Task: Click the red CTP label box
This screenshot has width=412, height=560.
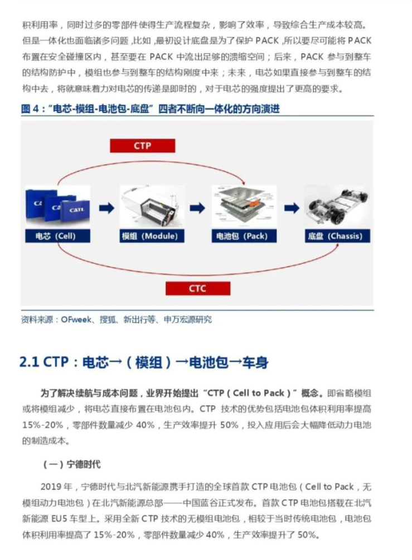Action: [x=142, y=146]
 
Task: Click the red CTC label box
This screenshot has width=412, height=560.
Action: [x=197, y=288]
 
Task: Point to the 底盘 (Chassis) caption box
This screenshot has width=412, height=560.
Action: [x=337, y=236]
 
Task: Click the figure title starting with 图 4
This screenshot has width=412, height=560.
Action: [x=150, y=109]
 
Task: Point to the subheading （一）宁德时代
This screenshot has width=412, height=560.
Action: [x=72, y=465]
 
